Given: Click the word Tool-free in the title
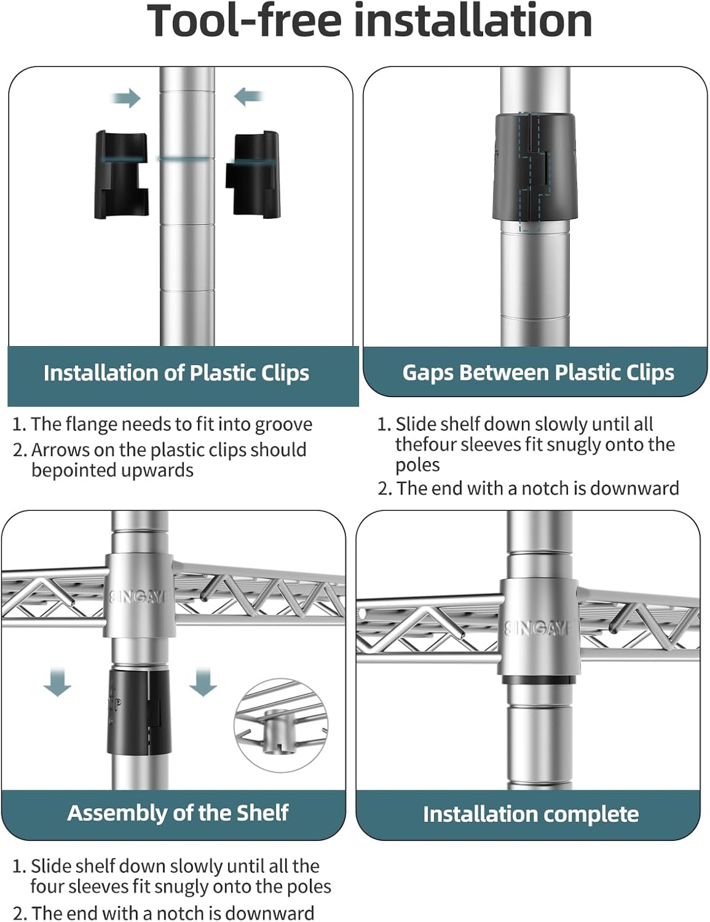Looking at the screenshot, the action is pyautogui.click(x=243, y=22).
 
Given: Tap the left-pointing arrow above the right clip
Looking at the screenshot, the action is pyautogui.click(x=249, y=97).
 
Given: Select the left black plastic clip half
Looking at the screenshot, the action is pyautogui.click(x=121, y=175).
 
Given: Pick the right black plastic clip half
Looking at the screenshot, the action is pyautogui.click(x=253, y=175).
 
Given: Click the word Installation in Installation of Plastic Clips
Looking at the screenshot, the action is pyautogui.click(x=101, y=373).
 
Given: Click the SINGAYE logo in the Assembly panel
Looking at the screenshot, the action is pyautogui.click(x=137, y=598).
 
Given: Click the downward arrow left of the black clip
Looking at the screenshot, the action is pyautogui.click(x=58, y=682).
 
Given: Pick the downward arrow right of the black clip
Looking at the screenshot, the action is pyautogui.click(x=203, y=682).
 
